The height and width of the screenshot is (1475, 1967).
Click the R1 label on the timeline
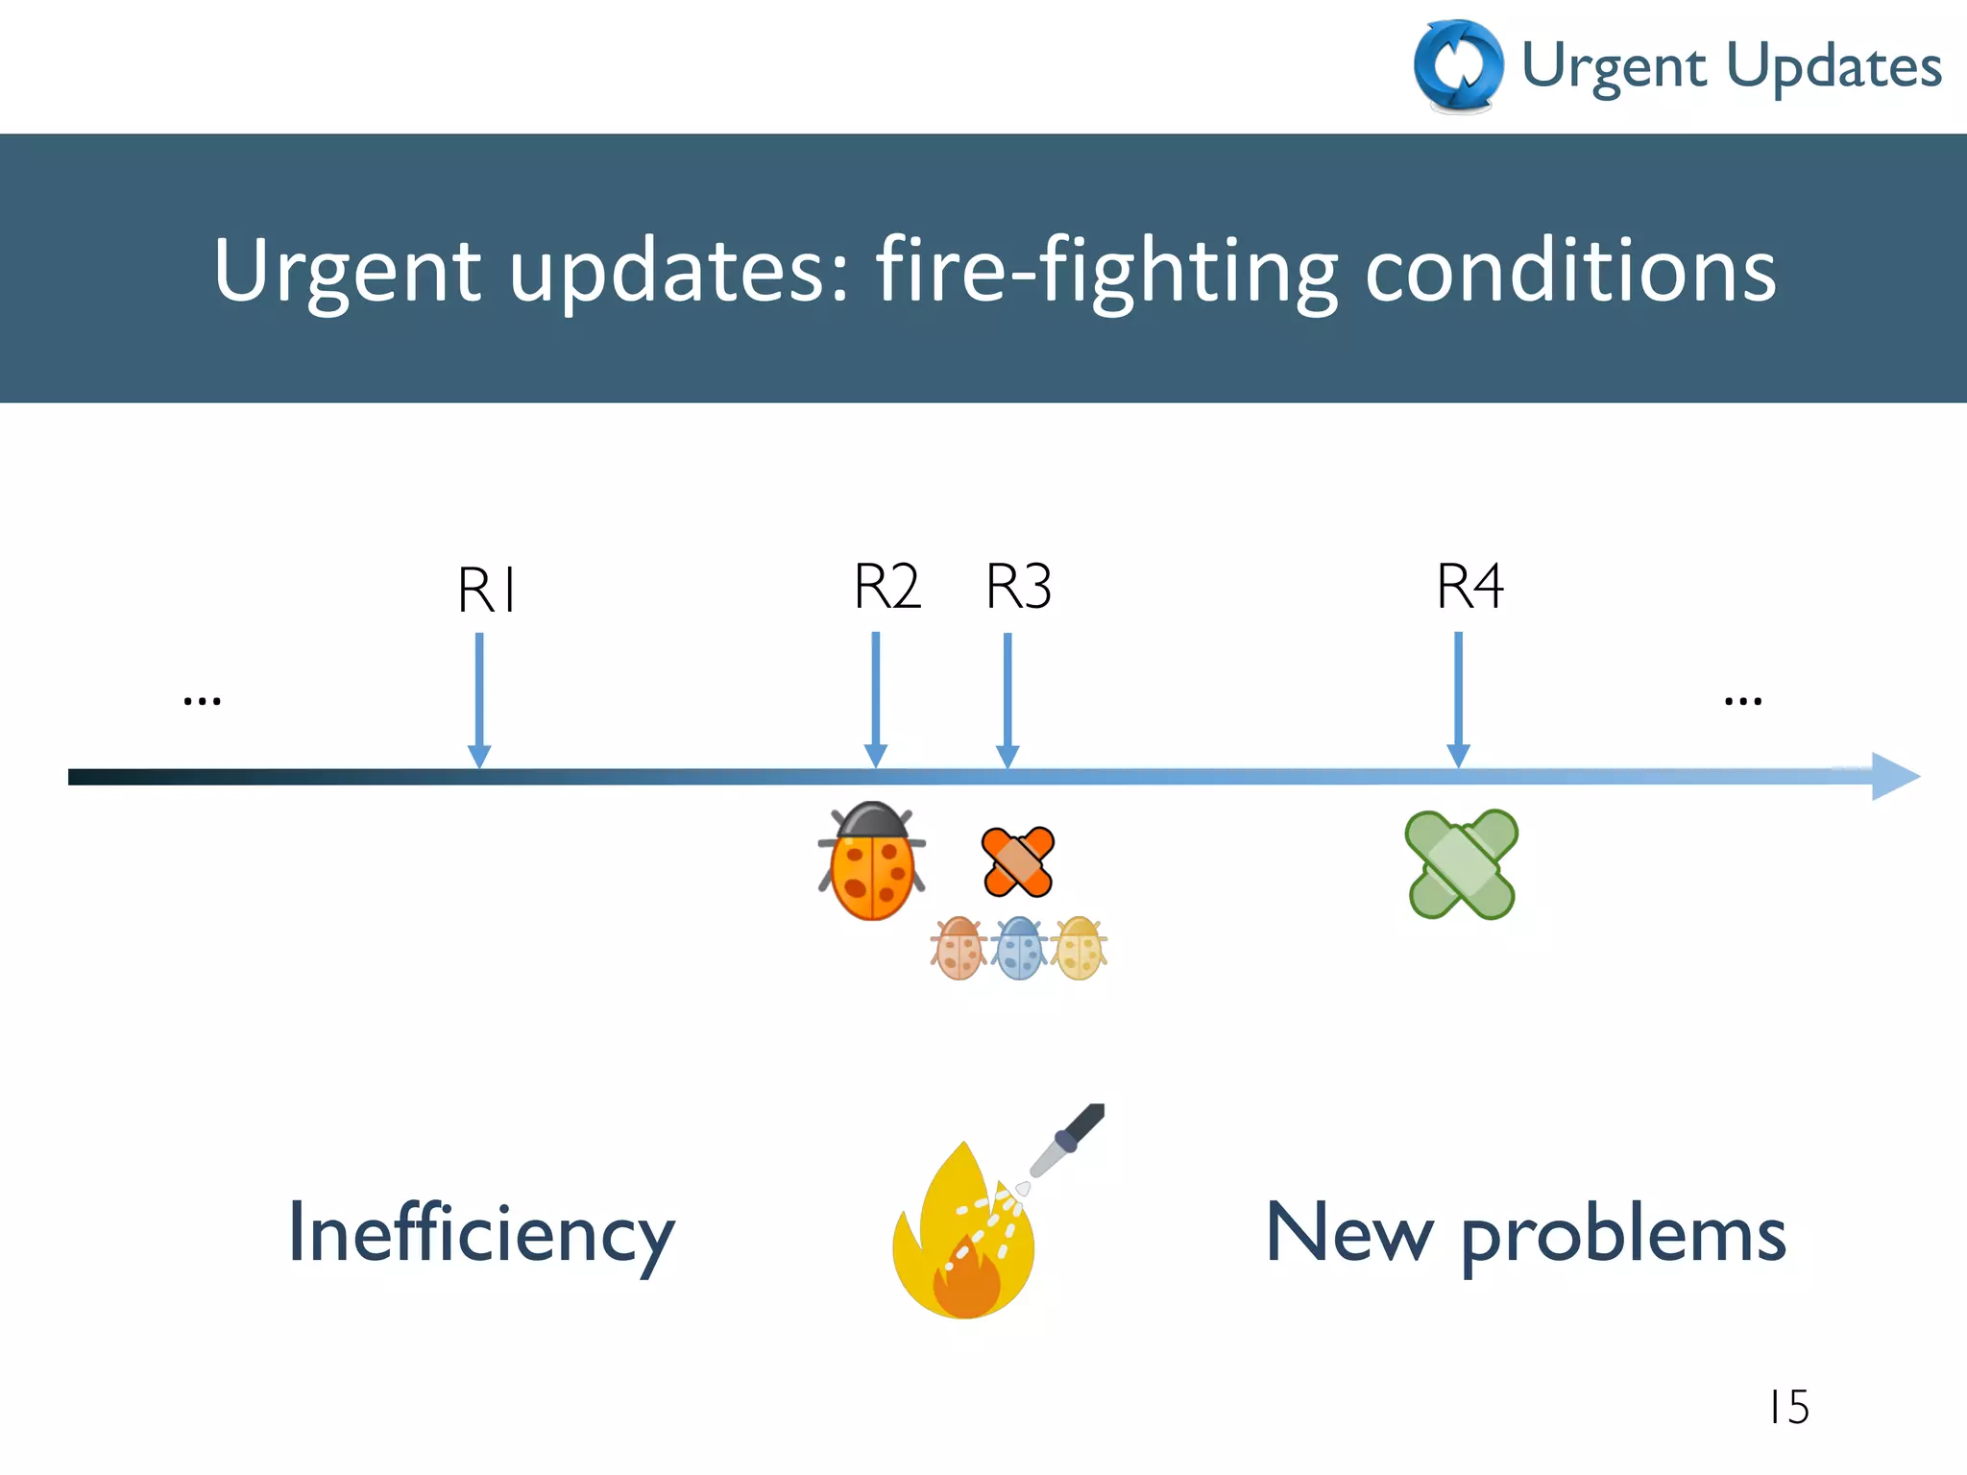(487, 590)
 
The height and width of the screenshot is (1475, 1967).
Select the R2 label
(887, 587)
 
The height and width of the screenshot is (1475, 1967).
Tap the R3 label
(1019, 587)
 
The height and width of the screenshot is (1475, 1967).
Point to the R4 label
(1469, 587)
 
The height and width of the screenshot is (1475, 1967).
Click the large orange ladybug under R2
(872, 862)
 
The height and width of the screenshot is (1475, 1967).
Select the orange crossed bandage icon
(1018, 861)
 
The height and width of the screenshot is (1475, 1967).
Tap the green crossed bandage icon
(1461, 864)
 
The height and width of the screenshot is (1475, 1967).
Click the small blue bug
(1020, 949)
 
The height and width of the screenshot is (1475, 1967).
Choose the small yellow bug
(1080, 949)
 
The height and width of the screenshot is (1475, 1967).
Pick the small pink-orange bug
(959, 949)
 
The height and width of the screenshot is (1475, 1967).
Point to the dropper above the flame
(1066, 1143)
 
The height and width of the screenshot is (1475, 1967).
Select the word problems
(1623, 1237)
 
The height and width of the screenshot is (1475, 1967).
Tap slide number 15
(1788, 1408)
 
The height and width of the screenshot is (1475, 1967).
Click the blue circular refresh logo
(1459, 65)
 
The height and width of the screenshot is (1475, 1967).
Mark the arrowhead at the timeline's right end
(1894, 777)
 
